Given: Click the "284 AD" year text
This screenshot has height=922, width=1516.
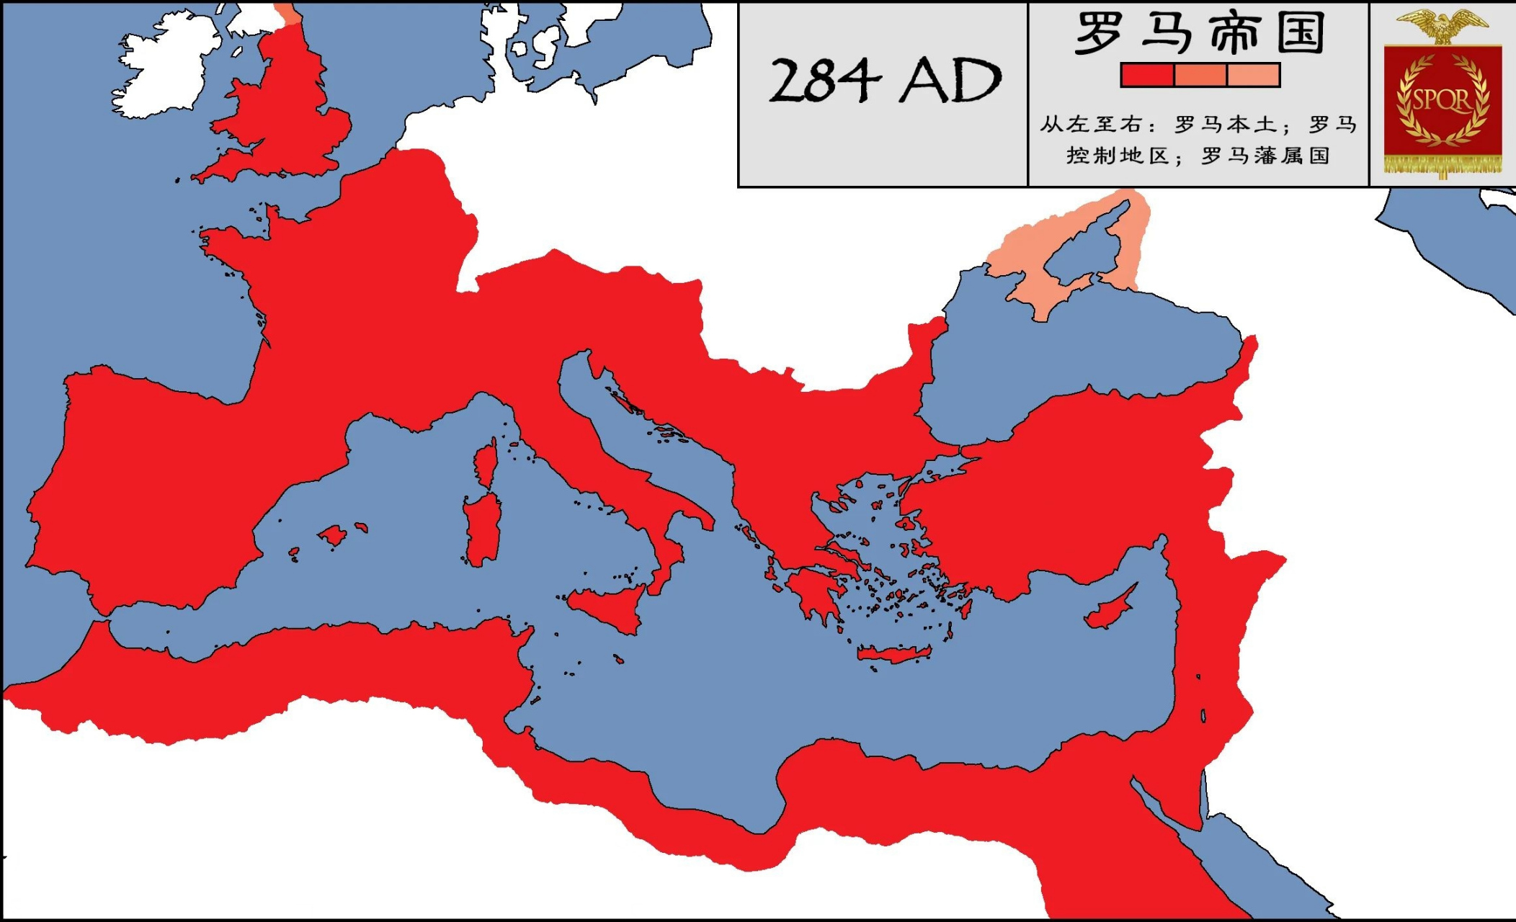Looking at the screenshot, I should [885, 81].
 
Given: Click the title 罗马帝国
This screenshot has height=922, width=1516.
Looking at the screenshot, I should [1199, 33].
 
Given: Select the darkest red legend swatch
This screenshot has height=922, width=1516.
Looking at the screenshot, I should [1147, 75].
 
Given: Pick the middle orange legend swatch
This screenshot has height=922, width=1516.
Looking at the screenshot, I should [1200, 75].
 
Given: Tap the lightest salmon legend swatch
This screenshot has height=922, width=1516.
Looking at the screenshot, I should [1253, 75].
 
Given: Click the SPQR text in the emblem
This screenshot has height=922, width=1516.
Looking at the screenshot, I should [1442, 99].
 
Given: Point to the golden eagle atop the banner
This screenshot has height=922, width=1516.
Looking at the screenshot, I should [1443, 25].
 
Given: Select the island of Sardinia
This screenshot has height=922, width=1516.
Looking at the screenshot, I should [481, 529].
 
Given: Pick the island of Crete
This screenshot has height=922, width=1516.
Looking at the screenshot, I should [893, 654].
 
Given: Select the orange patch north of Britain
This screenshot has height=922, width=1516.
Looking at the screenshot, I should [288, 13].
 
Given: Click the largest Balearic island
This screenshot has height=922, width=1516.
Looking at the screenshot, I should [333, 535].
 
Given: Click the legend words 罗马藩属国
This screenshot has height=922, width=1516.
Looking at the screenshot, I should [1265, 156].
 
